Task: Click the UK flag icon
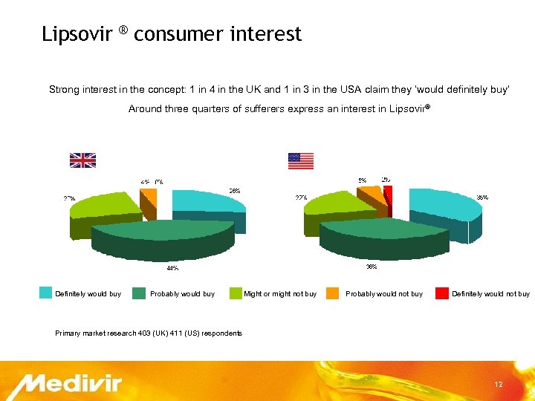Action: click(82, 160)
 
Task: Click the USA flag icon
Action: click(300, 160)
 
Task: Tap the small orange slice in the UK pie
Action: click(149, 196)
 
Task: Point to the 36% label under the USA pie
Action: click(370, 266)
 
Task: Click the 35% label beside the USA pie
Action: click(481, 198)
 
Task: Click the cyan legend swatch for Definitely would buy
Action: click(46, 293)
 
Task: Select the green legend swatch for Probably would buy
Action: click(138, 293)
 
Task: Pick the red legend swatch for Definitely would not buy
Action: click(441, 293)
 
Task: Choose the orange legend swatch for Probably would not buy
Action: click(332, 293)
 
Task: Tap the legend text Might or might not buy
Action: click(279, 294)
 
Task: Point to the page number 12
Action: click(499, 385)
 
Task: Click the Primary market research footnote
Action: click(149, 333)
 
